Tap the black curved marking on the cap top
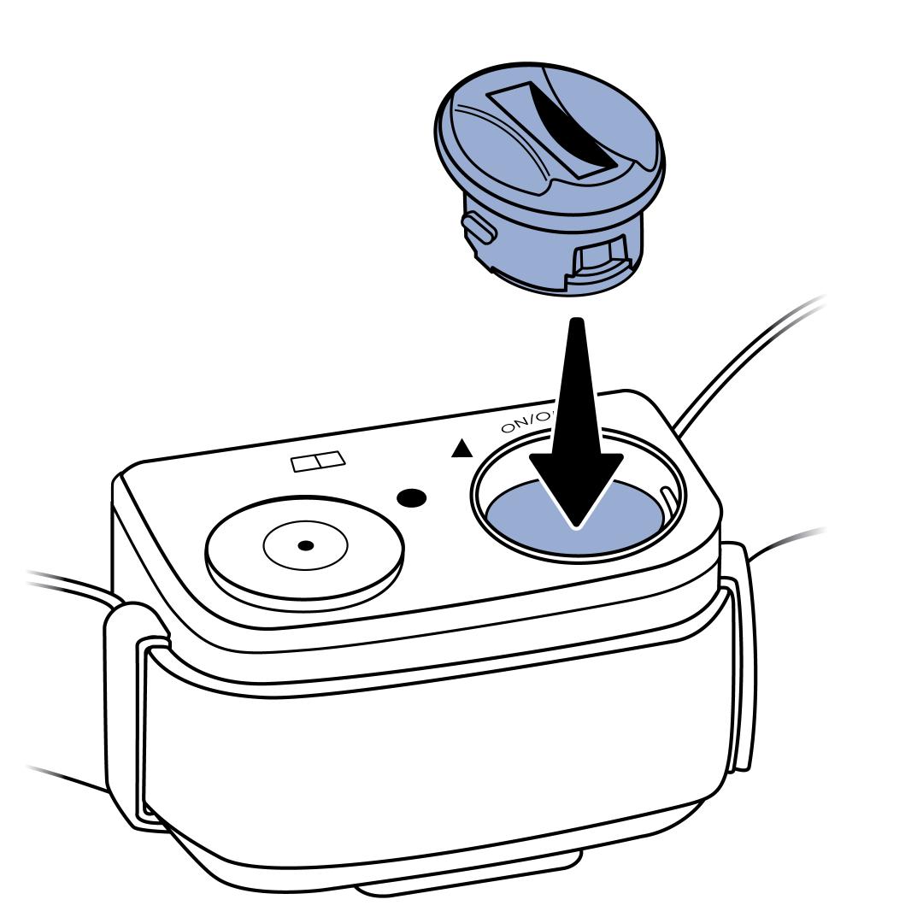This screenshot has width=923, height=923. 574,132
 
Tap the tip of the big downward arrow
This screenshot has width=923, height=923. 576,523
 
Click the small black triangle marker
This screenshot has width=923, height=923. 461,448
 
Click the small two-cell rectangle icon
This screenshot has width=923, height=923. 318,461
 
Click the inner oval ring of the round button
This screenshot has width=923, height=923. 305,545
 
